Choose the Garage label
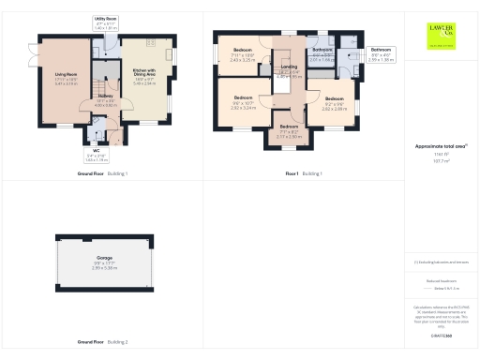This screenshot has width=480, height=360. tap(105, 260)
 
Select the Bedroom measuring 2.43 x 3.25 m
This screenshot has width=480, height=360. tap(242, 56)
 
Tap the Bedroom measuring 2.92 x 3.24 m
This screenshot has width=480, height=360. tap(243, 101)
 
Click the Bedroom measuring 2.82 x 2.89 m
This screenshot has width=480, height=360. tap(335, 101)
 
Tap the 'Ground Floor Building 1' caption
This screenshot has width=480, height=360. tap(103, 174)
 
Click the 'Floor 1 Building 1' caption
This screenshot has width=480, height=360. tap(305, 174)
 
